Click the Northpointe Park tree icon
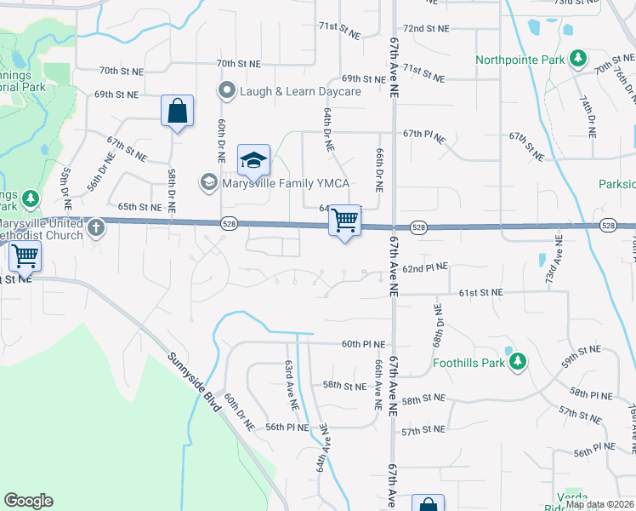pyautogui.click(x=579, y=59)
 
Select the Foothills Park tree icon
pyautogui.click(x=517, y=362)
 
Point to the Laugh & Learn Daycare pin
pyautogui.click(x=227, y=90)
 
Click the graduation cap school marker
pyautogui.click(x=253, y=160)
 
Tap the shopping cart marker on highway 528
pyautogui.click(x=344, y=221)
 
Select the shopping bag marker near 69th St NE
pyautogui.click(x=177, y=112)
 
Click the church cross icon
pyautogui.click(x=96, y=227)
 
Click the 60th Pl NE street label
pyautogui.click(x=364, y=345)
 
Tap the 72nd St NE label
pyautogui.click(x=426, y=29)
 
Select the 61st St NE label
pyautogui.click(x=481, y=292)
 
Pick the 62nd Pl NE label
pyautogui.click(x=425, y=268)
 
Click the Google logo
pyautogui.click(x=28, y=501)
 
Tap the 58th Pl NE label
pyautogui.click(x=591, y=393)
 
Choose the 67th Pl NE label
pyautogui.click(x=424, y=134)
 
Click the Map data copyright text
pyautogui.click(x=599, y=504)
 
